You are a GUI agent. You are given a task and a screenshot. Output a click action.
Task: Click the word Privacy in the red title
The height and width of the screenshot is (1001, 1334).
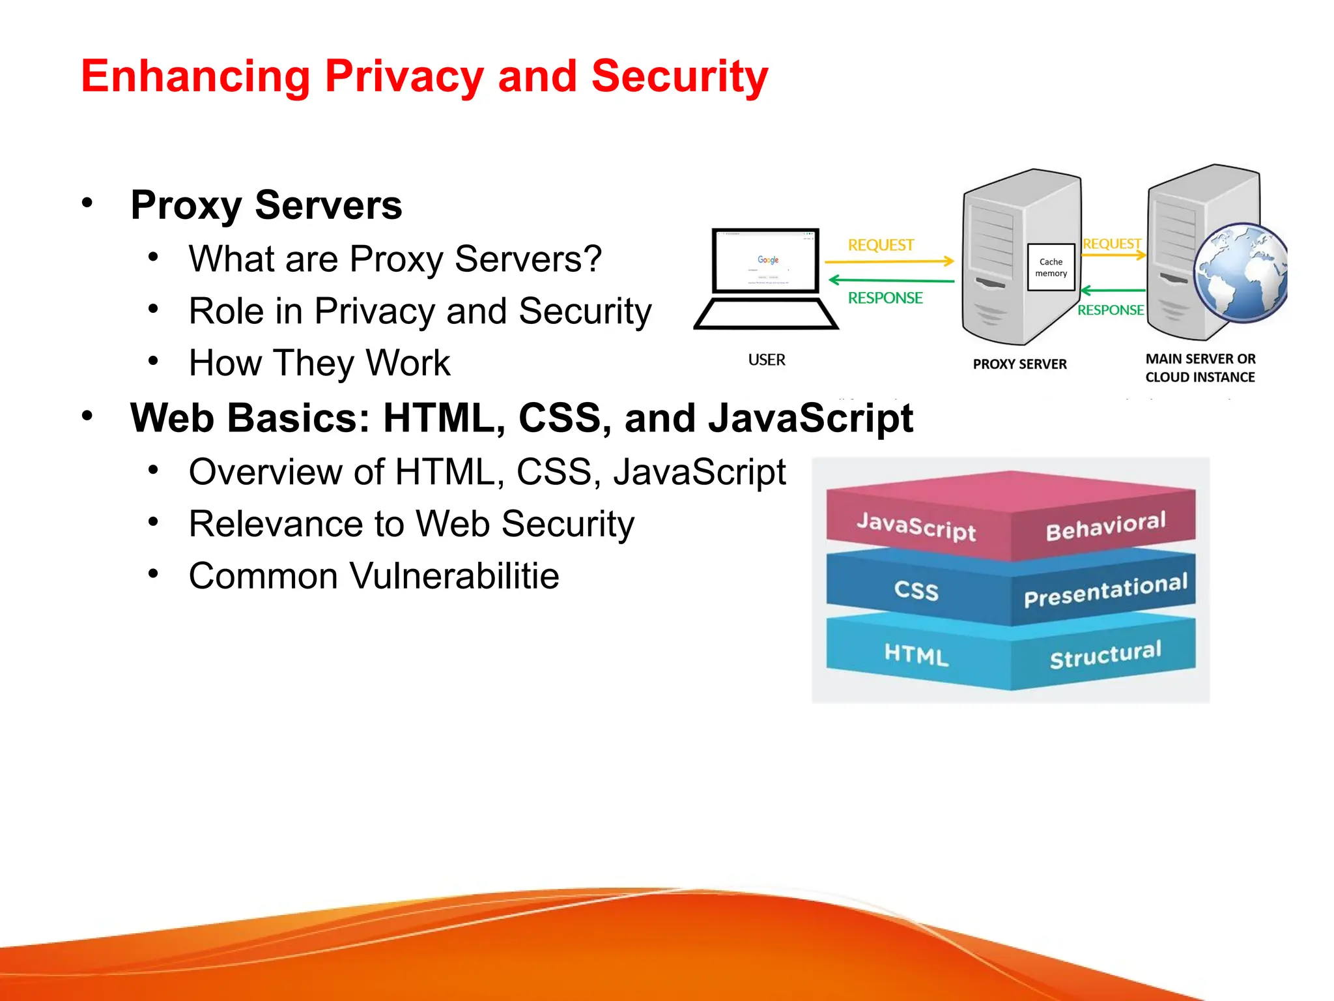click(404, 77)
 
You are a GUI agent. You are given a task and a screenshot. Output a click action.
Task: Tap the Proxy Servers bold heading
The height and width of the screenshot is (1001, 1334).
click(266, 205)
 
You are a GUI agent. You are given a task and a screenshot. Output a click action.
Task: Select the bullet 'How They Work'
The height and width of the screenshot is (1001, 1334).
click(319, 363)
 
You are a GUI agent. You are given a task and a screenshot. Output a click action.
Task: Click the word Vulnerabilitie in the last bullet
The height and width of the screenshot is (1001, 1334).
click(454, 576)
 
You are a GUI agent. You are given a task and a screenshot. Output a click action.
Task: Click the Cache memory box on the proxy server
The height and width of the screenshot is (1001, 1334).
click(1051, 267)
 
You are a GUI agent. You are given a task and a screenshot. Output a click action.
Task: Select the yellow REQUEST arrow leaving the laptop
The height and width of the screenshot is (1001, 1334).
click(889, 261)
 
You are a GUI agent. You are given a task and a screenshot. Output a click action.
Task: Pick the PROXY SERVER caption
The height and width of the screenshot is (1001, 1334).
click(1019, 364)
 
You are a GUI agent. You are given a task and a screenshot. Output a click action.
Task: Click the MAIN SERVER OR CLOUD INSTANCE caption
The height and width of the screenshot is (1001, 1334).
click(1200, 368)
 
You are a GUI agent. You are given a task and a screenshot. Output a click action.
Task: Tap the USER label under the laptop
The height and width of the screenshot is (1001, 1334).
click(767, 360)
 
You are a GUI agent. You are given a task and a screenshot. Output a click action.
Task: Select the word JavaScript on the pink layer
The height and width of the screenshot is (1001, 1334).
click(916, 526)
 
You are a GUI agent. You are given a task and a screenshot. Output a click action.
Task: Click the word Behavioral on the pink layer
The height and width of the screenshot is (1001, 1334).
click(1105, 526)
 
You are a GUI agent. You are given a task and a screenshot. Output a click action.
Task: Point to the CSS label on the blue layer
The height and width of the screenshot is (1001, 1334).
click(916, 590)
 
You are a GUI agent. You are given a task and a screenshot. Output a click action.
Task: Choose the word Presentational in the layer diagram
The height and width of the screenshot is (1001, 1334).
click(1105, 589)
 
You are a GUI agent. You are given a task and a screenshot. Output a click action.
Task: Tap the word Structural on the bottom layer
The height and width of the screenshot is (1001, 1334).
click(1105, 654)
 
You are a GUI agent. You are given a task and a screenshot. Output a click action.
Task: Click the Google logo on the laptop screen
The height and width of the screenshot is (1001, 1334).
click(768, 260)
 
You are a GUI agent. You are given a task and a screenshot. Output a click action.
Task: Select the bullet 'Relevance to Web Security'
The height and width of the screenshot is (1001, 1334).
click(411, 524)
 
